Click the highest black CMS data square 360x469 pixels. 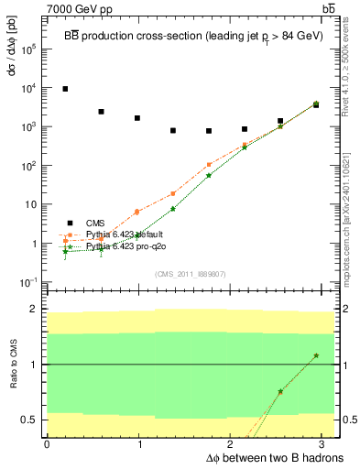[65, 89]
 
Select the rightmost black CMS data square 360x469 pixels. [316, 105]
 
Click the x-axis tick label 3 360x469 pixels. [326, 443]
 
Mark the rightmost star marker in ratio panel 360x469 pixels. [316, 355]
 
